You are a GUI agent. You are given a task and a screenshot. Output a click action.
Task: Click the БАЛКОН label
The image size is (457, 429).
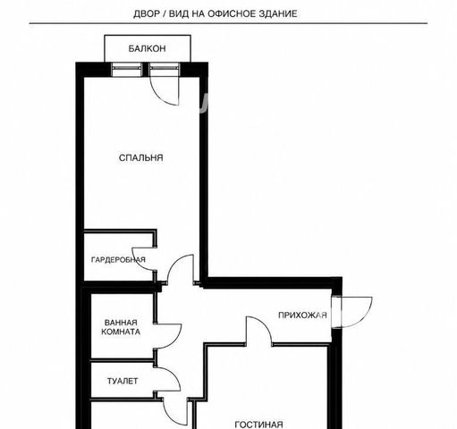[147, 48]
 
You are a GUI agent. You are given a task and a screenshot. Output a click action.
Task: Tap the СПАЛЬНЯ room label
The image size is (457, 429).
[141, 157]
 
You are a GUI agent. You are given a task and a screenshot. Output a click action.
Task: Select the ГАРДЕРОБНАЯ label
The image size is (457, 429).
[118, 260]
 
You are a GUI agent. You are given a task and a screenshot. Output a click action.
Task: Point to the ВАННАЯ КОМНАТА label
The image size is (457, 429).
[121, 327]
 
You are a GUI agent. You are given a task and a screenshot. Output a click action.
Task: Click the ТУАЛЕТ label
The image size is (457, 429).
[123, 381]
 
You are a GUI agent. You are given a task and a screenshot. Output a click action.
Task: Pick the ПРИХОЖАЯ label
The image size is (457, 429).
[302, 315]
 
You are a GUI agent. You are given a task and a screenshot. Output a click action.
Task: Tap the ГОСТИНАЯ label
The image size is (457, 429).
[258, 425]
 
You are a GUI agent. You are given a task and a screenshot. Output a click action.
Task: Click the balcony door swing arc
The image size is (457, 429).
[158, 96]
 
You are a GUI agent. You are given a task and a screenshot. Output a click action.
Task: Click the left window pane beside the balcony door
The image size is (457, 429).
[126, 70]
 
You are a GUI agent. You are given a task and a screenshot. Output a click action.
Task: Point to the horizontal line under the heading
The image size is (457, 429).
[228, 23]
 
